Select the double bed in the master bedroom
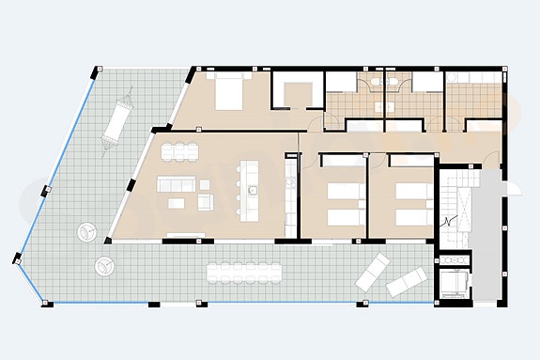point(229,91)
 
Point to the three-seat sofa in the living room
point(175,180)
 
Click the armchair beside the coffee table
point(204,199)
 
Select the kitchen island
point(250,188)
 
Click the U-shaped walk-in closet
point(298,93)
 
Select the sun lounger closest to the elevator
point(408,281)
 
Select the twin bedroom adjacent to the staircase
point(401,195)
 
